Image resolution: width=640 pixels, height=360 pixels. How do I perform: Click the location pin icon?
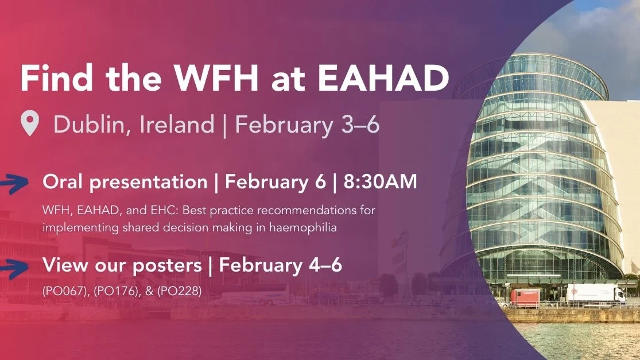click(x=29, y=124)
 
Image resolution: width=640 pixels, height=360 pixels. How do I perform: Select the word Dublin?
click(x=91, y=124)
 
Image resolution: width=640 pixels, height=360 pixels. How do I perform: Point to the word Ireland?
click(x=176, y=124)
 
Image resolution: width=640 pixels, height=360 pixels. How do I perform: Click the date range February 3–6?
click(x=307, y=124)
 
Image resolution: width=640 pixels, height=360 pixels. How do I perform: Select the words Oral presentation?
click(x=125, y=182)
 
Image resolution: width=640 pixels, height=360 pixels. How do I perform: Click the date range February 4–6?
click(x=281, y=265)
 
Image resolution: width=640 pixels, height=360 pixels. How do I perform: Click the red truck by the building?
click(x=525, y=297)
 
